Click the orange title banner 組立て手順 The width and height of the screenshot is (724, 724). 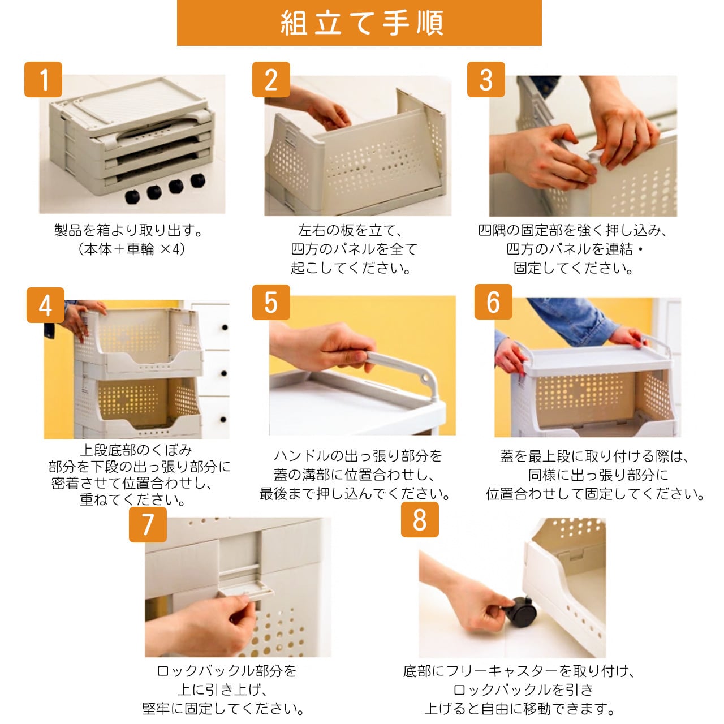coord(359,23)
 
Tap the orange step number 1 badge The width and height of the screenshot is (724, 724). coord(43,80)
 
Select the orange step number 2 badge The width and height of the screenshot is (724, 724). coord(271,80)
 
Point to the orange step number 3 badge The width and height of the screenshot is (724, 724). coord(486,80)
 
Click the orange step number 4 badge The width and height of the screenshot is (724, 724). coord(45,305)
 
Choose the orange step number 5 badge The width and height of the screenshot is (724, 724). coord(271,303)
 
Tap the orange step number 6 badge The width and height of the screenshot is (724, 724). coord(493,301)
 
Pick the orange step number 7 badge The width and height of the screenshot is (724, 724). coord(148,524)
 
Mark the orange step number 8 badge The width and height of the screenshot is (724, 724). coord(420,520)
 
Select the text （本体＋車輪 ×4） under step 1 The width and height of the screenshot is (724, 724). coord(131,249)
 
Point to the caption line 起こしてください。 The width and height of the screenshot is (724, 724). coord(351,268)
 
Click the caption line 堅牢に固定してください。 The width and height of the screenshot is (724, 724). coord(223,709)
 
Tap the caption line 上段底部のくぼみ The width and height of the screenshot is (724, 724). coord(136,450)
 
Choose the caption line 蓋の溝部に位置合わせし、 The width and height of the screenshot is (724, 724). coord(354,475)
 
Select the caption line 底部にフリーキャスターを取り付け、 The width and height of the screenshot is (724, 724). coord(519,671)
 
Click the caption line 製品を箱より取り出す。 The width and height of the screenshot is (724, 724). coord(129,230)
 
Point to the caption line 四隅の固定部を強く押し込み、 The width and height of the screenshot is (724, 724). coord(572,230)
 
